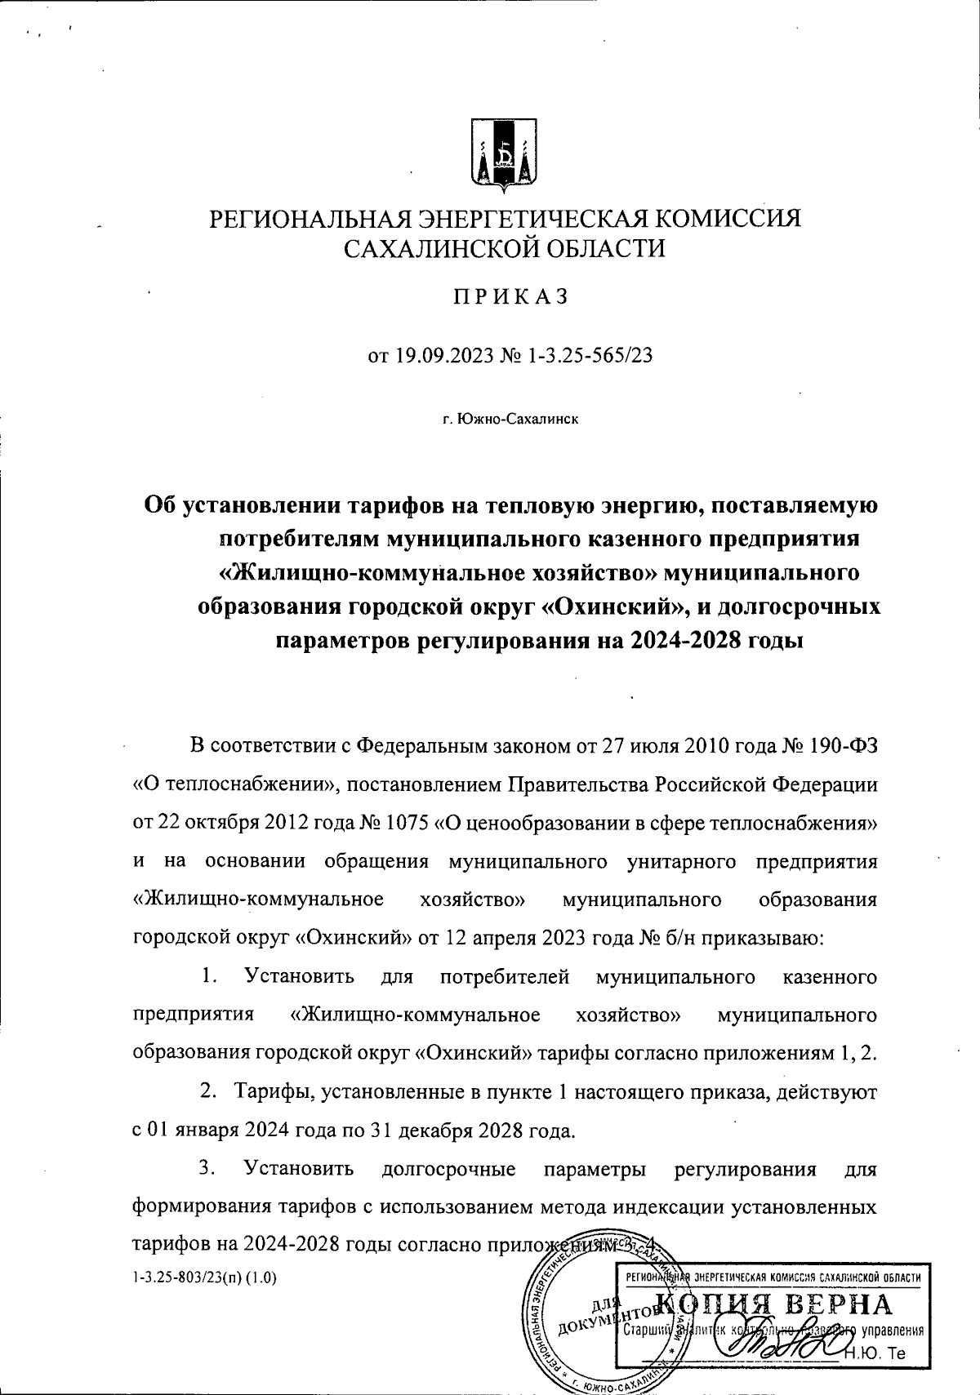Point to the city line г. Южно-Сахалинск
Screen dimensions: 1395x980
[510, 420]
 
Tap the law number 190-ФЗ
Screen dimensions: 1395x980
[845, 746]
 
